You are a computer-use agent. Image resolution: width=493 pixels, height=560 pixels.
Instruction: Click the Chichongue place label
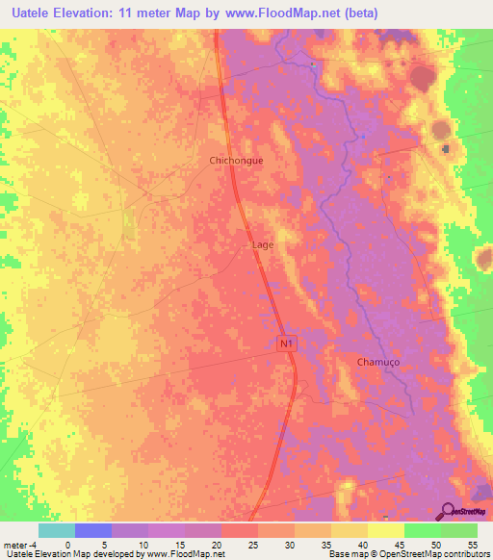tap(236, 162)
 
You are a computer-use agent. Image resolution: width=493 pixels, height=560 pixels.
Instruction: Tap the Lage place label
tap(263, 245)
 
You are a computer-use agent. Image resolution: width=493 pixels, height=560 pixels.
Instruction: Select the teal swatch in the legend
tap(57, 530)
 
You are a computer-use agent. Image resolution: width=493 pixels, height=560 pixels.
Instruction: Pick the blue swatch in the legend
tap(93, 530)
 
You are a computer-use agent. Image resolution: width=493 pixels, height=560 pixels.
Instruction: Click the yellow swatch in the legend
tap(385, 530)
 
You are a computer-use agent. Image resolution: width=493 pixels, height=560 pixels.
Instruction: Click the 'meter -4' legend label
tap(20, 544)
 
